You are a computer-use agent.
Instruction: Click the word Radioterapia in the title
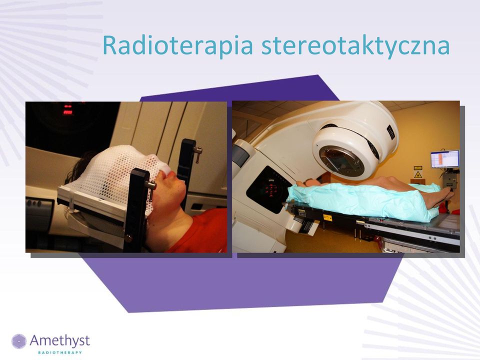(177, 45)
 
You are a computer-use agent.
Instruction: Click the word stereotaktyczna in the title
(355, 46)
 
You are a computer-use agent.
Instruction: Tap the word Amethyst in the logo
(59, 340)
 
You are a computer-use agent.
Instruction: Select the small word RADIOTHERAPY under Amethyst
(60, 352)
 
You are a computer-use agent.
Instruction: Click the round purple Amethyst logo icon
(19, 341)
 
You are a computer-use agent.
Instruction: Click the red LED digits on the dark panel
(67, 110)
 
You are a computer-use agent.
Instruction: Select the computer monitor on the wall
(445, 159)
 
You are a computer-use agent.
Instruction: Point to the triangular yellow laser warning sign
(417, 175)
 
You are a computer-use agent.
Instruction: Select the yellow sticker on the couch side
(327, 217)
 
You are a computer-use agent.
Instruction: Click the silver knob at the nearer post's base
(128, 238)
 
